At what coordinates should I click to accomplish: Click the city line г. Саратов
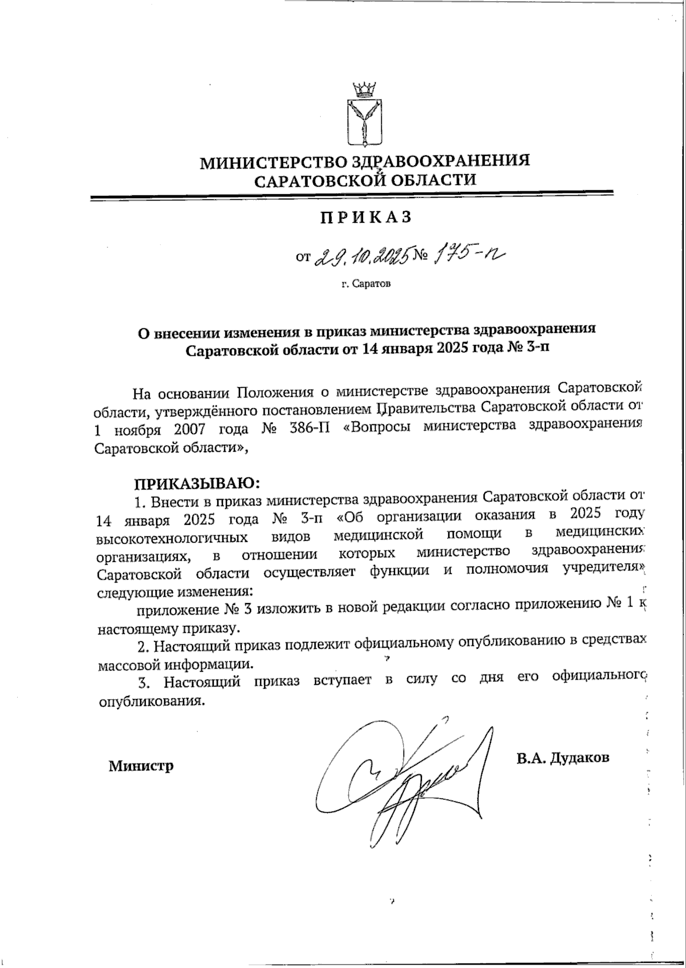366,284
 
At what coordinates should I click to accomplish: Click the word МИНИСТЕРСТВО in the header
271,162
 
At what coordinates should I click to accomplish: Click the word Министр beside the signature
141,766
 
